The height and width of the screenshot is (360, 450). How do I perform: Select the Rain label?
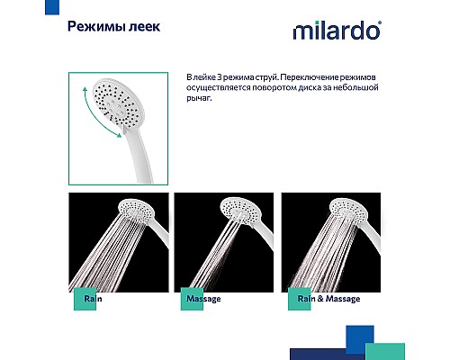(x=94, y=299)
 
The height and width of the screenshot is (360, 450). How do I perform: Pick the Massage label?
(x=202, y=299)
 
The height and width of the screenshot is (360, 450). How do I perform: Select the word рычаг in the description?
(x=198, y=99)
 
